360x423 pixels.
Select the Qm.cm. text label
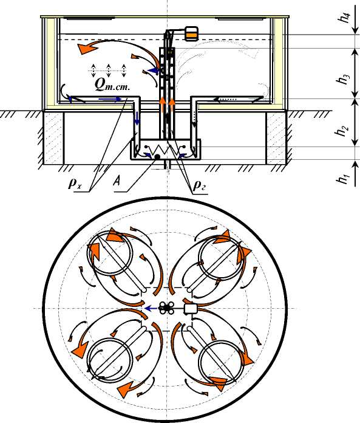click(112, 84)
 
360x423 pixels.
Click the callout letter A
click(117, 182)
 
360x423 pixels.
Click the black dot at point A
click(157, 156)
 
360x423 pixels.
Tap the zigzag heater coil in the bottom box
click(165, 149)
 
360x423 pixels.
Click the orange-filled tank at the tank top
click(192, 33)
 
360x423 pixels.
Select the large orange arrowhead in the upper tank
click(86, 48)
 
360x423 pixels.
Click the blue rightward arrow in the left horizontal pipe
click(110, 99)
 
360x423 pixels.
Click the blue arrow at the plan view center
click(151, 308)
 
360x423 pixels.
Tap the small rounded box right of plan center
click(191, 308)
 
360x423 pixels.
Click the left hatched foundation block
click(53, 137)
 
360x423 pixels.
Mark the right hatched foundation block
click(276, 137)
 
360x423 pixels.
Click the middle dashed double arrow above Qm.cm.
click(108, 70)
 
